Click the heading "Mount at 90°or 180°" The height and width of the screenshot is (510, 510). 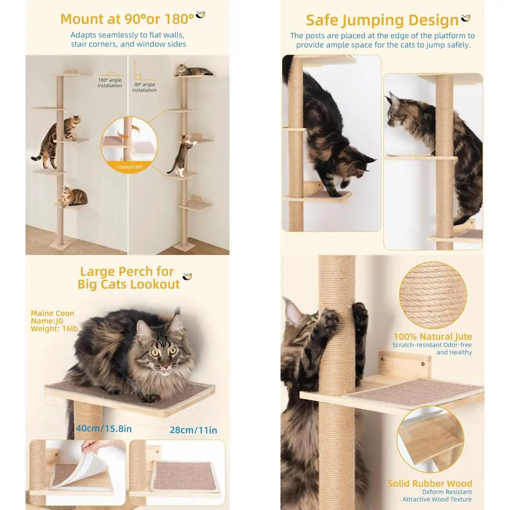127,19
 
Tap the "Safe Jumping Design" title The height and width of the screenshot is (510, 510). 382,20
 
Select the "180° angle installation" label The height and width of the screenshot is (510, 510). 110,83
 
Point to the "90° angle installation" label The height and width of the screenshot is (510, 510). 144,87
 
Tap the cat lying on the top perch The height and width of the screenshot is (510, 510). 193,70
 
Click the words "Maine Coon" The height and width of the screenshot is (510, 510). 52,313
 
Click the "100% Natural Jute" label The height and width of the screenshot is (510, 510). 432,337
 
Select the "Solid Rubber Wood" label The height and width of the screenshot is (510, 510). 429,483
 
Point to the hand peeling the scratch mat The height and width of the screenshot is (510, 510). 97,448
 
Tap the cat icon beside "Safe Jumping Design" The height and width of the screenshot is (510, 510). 466,18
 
